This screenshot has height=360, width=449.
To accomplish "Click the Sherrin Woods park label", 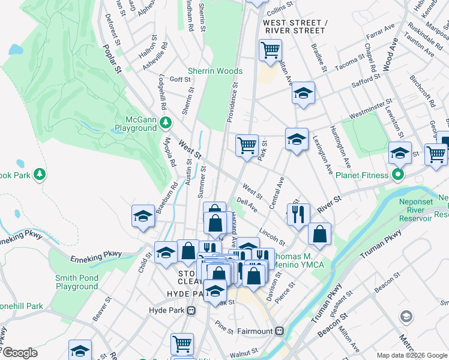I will point(215,71).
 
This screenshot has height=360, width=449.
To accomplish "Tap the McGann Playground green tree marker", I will point(167,123).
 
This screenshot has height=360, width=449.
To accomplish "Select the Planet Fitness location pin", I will point(397,175).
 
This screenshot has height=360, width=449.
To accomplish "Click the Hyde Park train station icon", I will point(191,311).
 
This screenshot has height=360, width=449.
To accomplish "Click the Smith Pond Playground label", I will point(76,282).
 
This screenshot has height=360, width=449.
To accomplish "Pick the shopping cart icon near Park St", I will point(247,145).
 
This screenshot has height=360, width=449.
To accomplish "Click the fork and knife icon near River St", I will point(298,214).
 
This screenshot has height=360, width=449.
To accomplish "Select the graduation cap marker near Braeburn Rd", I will point(143,216).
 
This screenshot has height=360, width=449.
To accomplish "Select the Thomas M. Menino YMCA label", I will point(298,260).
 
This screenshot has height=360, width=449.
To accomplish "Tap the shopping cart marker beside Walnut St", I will point(182,343).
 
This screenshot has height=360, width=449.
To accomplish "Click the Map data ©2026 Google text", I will point(411,355).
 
